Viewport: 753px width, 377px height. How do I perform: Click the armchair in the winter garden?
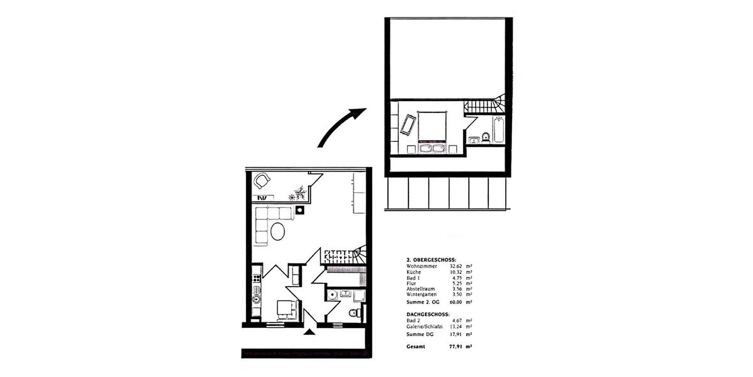[x=262, y=182]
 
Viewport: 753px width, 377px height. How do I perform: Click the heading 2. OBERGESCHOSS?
[x=431, y=260]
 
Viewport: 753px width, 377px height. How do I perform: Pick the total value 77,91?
[x=456, y=346]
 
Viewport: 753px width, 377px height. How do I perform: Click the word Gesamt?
[x=415, y=346]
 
